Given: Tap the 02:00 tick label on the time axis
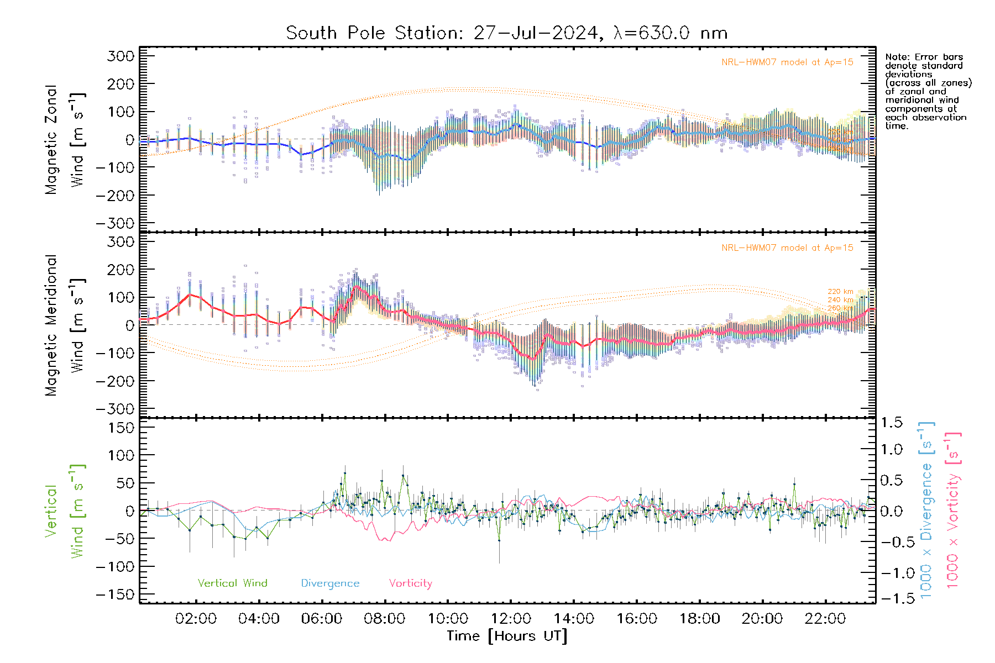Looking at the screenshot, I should (196, 619).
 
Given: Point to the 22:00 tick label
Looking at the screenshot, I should (825, 619).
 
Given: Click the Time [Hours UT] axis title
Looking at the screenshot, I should (507, 636).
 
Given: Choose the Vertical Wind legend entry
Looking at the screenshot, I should (232, 583).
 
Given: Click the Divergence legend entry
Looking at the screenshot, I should (330, 583).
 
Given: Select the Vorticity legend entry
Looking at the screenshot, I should (410, 583).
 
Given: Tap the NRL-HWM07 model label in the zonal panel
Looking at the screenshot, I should (787, 62).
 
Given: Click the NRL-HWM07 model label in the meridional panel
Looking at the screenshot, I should (787, 248).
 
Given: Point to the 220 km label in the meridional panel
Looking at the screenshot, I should (840, 292).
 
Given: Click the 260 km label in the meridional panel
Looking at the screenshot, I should (840, 308).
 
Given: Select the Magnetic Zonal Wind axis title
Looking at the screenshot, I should (65, 140).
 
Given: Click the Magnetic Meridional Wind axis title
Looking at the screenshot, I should (65, 325).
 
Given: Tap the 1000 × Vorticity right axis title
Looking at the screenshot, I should (953, 511).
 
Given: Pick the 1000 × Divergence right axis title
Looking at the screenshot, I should (926, 511).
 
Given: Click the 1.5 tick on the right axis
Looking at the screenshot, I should (891, 423).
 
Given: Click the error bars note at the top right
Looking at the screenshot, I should (928, 91).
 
